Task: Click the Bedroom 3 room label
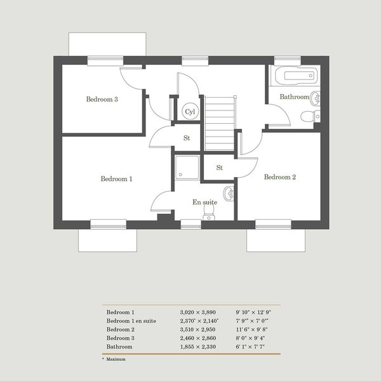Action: click(x=102, y=99)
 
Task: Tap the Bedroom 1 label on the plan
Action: click(x=116, y=179)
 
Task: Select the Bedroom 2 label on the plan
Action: click(x=280, y=177)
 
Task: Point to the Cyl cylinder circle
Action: click(x=190, y=112)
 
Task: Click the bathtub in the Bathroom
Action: click(x=296, y=76)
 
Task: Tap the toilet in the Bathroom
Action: click(x=311, y=116)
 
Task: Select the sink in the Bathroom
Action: click(x=316, y=98)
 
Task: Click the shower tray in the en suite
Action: click(x=187, y=168)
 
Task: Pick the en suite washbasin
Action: click(x=229, y=194)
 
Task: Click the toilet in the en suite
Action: click(x=209, y=213)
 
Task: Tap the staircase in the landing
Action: click(x=220, y=123)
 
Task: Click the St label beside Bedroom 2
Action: click(x=220, y=168)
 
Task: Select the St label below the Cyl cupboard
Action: click(x=187, y=138)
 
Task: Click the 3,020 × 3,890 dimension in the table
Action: click(x=198, y=312)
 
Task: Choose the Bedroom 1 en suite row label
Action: click(x=131, y=321)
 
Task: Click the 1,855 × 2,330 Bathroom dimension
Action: click(x=198, y=347)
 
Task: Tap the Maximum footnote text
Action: click(x=116, y=359)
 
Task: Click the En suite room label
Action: click(x=205, y=202)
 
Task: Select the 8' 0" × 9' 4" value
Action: click(x=250, y=338)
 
